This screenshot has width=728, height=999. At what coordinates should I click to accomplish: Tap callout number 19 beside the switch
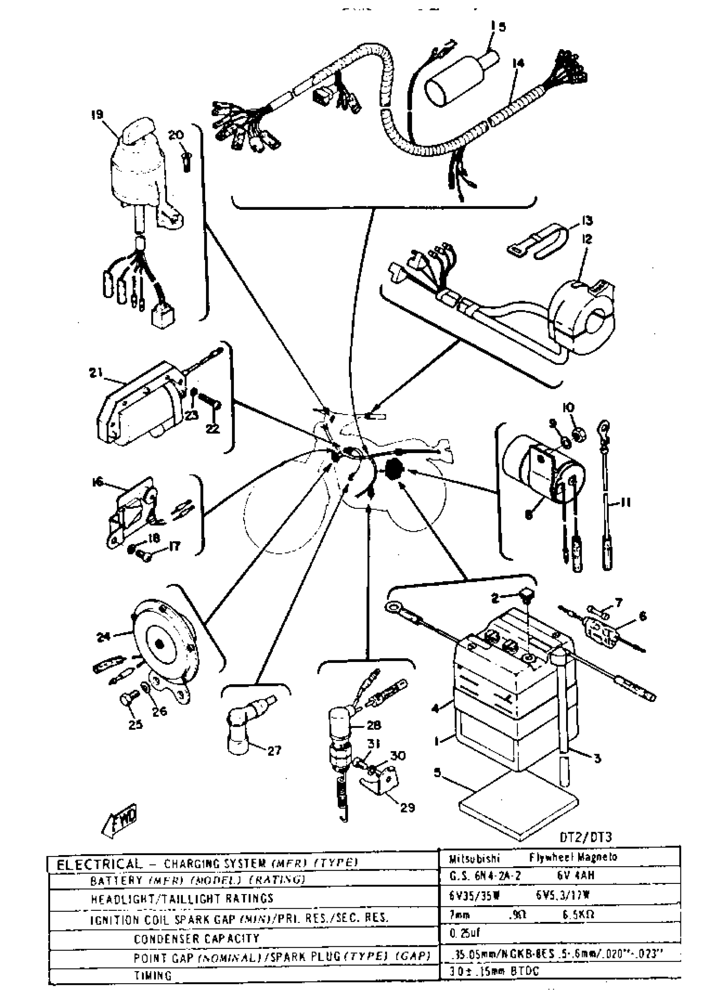(96, 115)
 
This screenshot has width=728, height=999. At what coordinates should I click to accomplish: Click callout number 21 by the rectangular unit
(96, 373)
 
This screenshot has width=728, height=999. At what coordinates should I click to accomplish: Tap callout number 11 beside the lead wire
(626, 502)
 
